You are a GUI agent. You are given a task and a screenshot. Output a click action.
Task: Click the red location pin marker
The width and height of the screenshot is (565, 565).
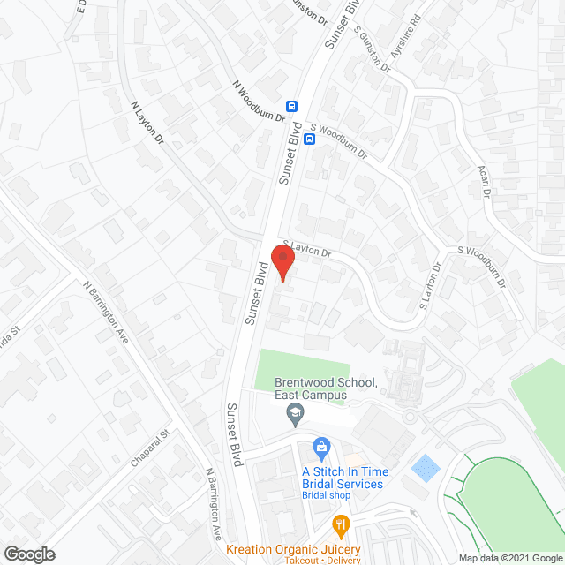click(x=282, y=262)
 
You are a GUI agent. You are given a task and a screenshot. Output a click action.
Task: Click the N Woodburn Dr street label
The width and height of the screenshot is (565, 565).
click(x=259, y=102)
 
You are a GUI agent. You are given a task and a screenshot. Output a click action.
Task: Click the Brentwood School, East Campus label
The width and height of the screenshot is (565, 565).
click(x=326, y=389)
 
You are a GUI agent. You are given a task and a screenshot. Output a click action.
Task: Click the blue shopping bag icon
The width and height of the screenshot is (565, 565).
click(x=321, y=448)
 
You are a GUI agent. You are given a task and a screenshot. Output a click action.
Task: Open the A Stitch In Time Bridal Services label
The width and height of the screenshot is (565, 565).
click(x=342, y=478)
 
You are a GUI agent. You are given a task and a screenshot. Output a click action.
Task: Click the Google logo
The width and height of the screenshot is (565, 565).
click(x=28, y=554)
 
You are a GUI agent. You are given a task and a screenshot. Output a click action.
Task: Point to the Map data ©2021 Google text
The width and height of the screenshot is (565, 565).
click(x=508, y=558)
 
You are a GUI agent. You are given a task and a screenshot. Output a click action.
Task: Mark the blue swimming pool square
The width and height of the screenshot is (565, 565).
click(x=424, y=465)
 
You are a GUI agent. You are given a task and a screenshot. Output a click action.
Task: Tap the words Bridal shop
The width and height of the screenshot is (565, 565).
click(x=327, y=495)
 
